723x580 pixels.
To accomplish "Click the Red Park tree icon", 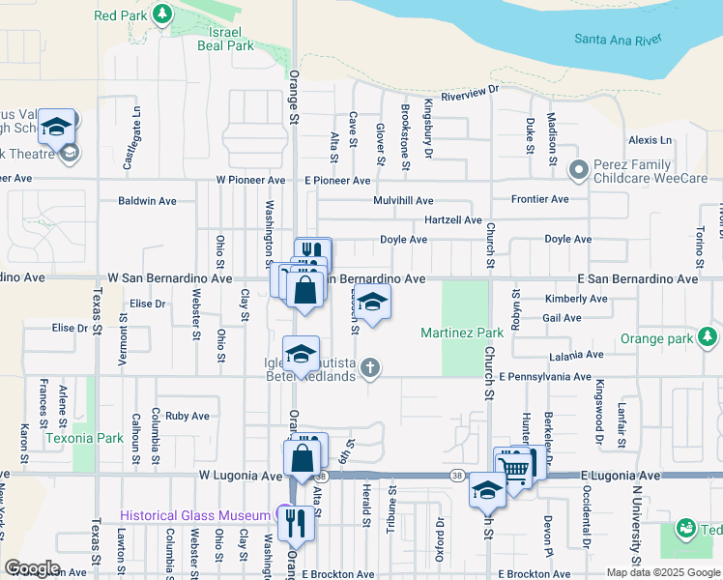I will tap(162, 14).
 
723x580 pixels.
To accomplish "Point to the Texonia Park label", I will tap(83, 437).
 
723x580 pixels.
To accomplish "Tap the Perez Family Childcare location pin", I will tap(579, 170).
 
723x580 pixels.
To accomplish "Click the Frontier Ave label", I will tap(539, 199).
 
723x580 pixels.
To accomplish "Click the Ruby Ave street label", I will tap(187, 417).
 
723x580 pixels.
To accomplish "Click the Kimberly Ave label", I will tap(576, 299).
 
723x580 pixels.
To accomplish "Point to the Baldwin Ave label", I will tap(147, 201).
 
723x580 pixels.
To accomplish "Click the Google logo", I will tap(31, 567).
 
